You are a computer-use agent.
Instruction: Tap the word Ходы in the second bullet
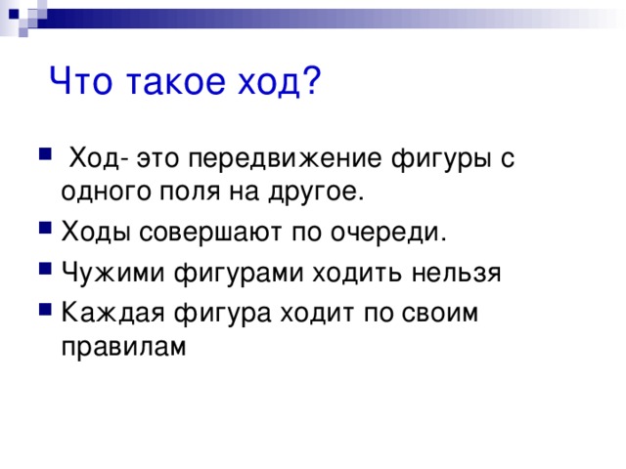tap(94, 234)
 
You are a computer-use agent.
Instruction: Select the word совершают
tap(207, 234)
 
